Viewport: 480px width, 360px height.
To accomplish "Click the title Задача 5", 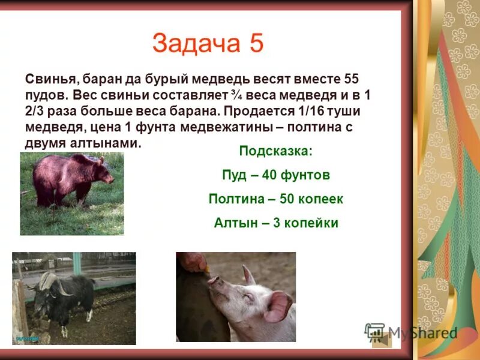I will tap(208, 44).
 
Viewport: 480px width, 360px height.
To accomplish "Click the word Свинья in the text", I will tap(50, 79).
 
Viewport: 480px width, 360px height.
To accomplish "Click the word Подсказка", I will tap(275, 151).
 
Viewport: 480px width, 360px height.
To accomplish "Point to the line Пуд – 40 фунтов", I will tap(275, 175).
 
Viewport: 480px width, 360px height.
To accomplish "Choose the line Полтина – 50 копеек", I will tap(275, 199).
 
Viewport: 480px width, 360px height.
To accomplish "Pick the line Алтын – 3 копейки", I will tap(275, 223).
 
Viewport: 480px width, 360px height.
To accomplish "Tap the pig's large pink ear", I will tap(278, 305).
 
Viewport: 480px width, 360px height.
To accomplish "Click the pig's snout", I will tap(213, 281).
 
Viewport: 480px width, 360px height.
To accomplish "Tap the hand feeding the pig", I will tap(194, 262).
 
